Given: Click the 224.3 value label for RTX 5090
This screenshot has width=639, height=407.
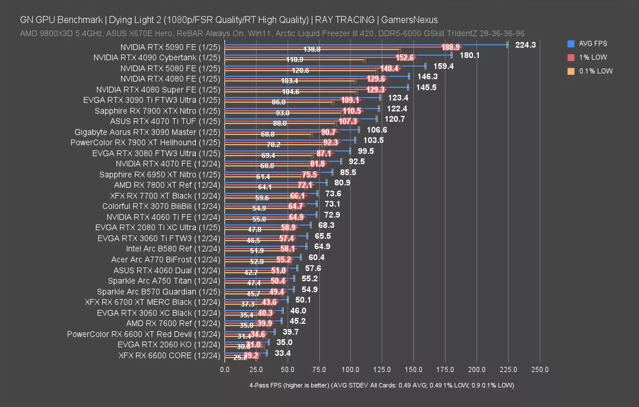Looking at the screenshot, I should tap(525, 45).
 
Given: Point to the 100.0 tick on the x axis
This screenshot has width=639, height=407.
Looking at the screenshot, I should tap(350, 369).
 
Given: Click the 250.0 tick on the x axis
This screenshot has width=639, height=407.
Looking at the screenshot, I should tap(540, 369).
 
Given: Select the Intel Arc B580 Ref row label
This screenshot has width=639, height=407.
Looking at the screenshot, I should tap(173, 249).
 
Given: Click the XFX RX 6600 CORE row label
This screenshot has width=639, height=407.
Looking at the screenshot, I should tap(169, 355).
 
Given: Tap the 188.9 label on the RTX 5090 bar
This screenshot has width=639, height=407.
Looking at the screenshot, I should tap(450, 47).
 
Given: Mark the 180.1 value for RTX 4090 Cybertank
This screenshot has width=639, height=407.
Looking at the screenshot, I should tap(469, 55).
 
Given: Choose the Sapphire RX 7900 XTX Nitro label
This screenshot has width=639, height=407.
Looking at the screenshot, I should tap(157, 111).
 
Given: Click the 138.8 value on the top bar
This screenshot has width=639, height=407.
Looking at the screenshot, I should tap(312, 49).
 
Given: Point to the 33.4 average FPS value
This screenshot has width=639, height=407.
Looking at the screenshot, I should tap(283, 353).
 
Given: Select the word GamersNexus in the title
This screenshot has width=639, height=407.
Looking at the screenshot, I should tap(409, 20).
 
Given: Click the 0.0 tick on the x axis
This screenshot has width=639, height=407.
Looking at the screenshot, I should tap(225, 369).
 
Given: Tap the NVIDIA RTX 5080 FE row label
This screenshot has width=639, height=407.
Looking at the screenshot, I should tap(170, 68).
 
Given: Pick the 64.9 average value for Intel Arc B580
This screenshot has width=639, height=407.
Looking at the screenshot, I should tap(322, 246).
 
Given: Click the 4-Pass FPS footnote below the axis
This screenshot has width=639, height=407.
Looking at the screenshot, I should tap(381, 385).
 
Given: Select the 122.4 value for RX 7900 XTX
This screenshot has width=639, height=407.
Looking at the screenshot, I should tap(397, 109).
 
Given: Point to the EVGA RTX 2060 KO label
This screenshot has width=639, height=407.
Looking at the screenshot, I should tap(169, 345).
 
